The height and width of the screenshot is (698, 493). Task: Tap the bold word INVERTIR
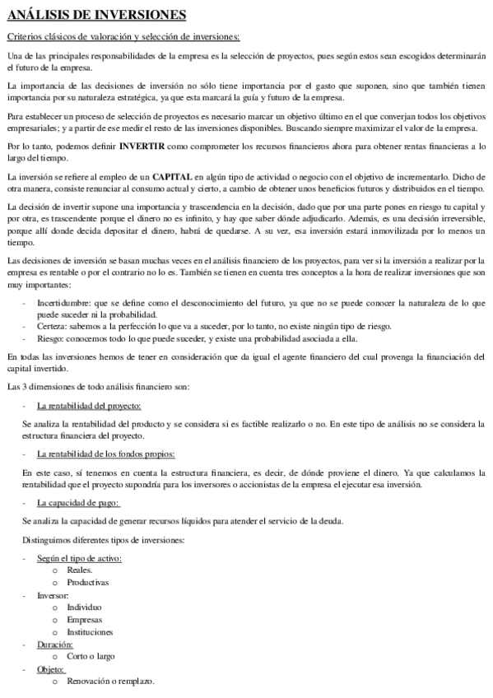[145, 147]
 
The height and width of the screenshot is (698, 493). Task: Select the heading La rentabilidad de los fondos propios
[106, 454]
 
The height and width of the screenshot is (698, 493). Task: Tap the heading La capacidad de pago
[78, 502]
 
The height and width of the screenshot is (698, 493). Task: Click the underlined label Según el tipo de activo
[79, 558]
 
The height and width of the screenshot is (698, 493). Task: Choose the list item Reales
[80, 570]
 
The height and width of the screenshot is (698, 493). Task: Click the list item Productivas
[87, 582]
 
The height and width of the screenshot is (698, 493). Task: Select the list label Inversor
[53, 594]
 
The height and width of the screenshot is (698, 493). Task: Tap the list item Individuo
[85, 607]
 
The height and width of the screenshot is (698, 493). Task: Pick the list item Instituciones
[90, 631]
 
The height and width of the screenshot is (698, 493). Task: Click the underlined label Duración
[56, 644]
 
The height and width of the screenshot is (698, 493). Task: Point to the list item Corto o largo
[91, 656]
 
